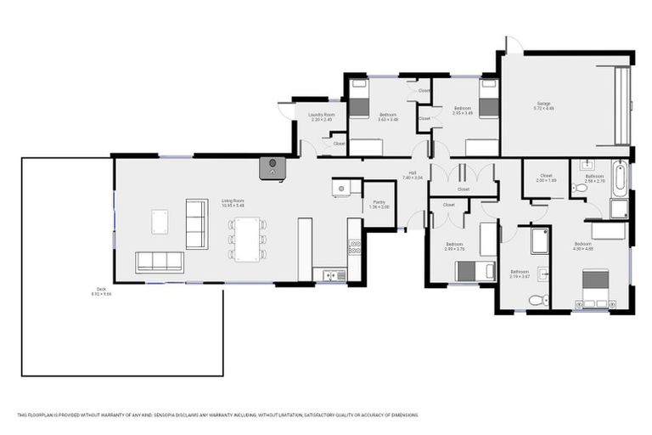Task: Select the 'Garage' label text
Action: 543,105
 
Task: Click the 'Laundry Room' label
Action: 322,115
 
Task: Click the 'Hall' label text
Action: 412,174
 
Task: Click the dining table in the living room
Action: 247,239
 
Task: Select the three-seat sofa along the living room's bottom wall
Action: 160,262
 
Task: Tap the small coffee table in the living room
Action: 160,221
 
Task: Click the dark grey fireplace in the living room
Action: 272,166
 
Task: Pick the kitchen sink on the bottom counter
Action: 329,274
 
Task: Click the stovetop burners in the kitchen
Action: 355,247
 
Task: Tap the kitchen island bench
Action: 305,248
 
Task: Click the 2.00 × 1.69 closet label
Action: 546,178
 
